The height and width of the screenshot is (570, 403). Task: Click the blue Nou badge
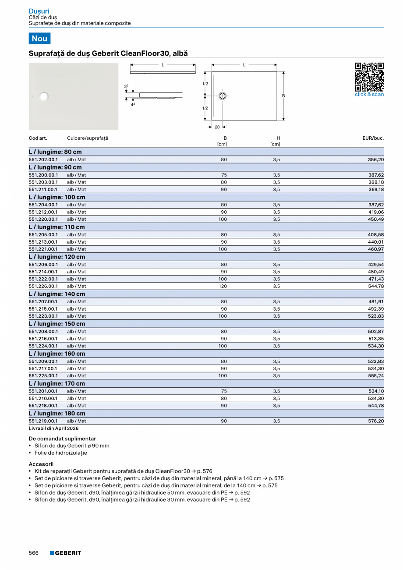pos(39,39)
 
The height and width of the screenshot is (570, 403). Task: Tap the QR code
pos(369,77)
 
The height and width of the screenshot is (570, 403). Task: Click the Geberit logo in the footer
pos(65,553)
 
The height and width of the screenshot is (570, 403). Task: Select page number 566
pos(34,553)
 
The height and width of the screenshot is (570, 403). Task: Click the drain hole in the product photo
pos(43,96)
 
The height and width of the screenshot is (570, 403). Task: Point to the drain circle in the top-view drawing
pos(223,96)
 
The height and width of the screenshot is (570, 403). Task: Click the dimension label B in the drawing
pos(283,96)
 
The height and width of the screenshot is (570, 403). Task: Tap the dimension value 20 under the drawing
pos(217,127)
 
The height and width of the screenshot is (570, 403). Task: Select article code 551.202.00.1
pos(43,160)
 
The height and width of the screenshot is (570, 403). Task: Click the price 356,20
pos(375,160)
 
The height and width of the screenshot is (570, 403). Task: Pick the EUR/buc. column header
pos(373,138)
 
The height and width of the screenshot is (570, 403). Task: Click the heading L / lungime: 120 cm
pos(57,257)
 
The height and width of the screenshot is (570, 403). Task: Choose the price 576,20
pos(375,421)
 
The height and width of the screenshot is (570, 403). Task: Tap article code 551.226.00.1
pos(43,286)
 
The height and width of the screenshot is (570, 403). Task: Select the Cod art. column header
pos(38,138)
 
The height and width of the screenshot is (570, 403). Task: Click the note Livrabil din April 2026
pos(53,428)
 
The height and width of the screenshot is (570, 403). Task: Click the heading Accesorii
pos(41,464)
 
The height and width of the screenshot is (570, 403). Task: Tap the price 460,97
pos(375,249)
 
